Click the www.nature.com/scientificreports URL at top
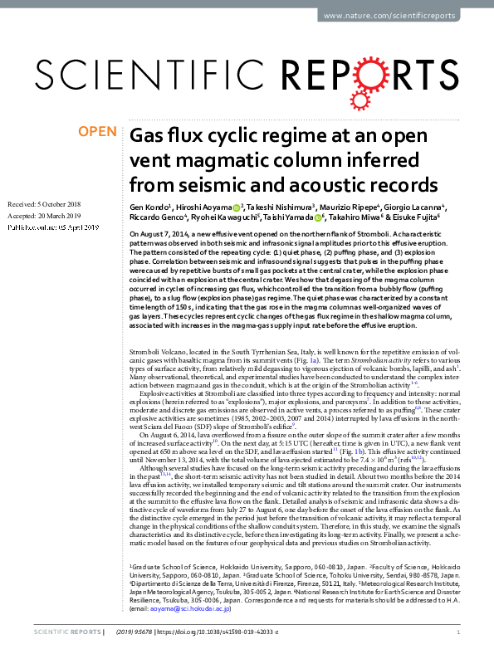tap(403, 16)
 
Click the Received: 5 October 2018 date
tap(44, 203)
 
